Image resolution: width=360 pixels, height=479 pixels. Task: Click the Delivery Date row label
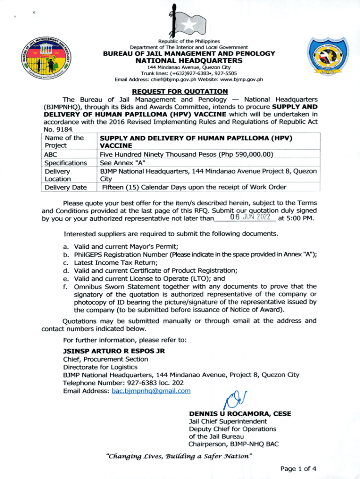[x=65, y=188]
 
